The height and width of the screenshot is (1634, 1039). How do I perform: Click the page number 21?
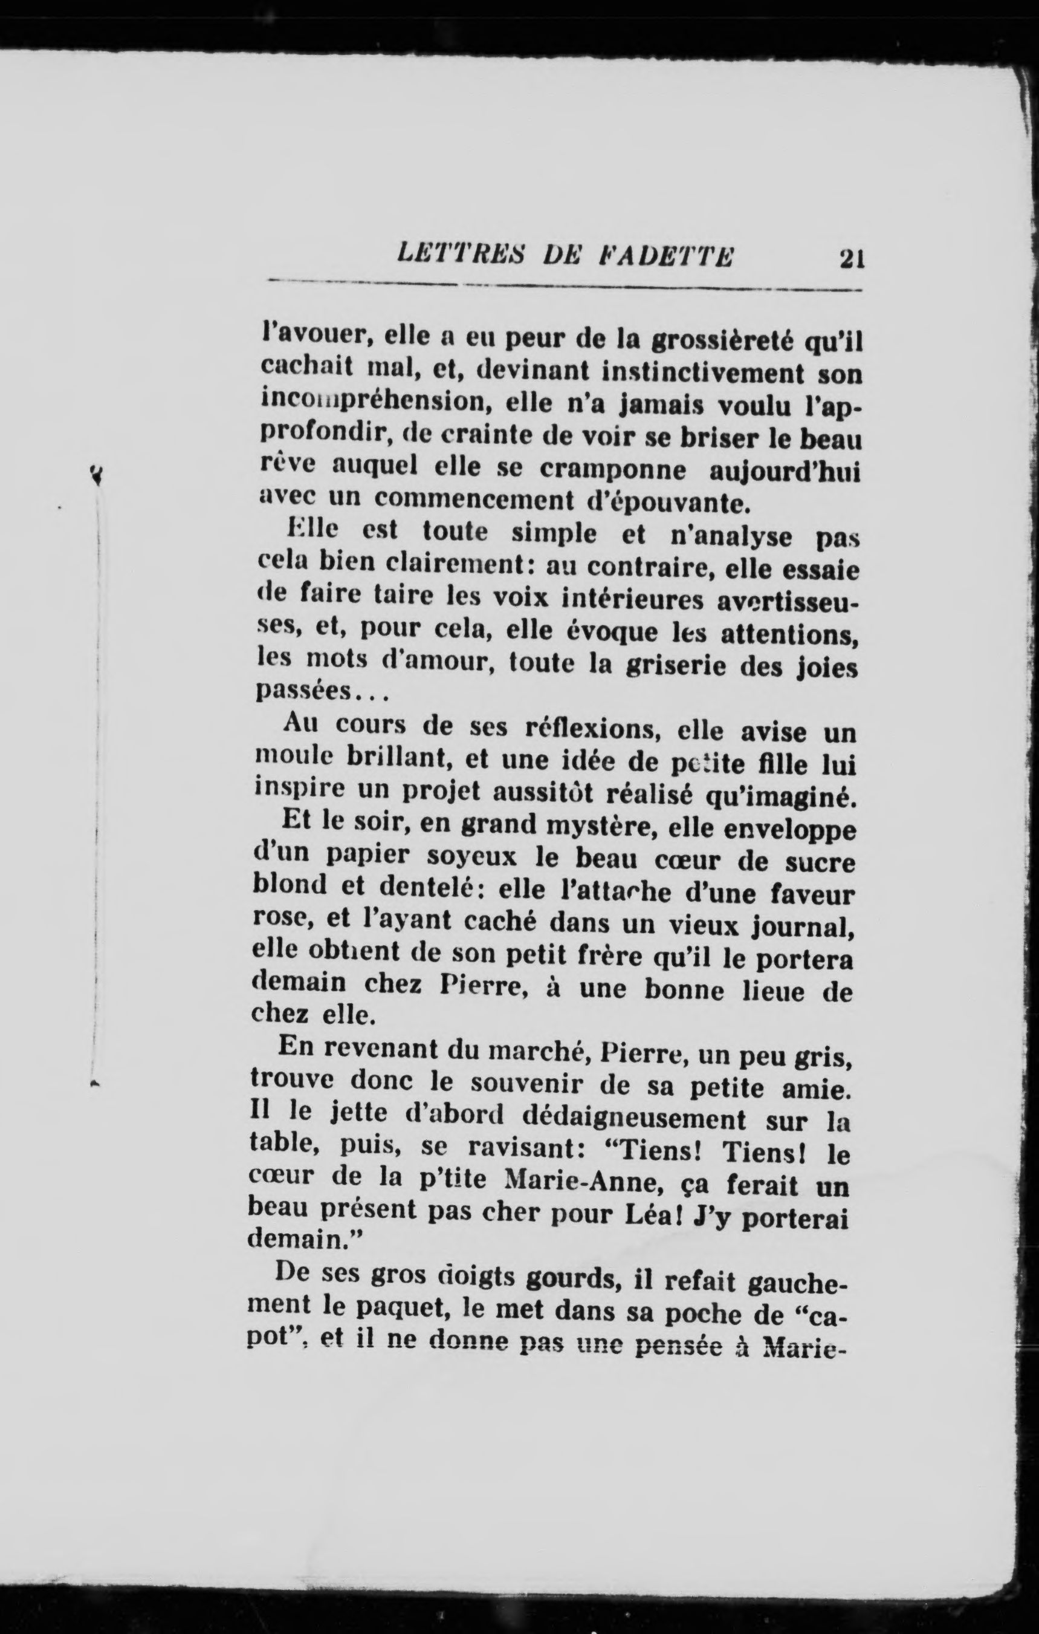851,259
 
